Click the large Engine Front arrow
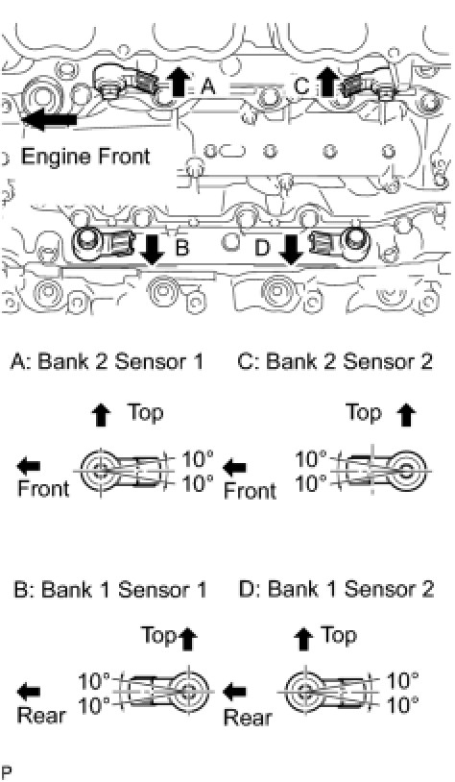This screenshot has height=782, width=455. pyautogui.click(x=49, y=120)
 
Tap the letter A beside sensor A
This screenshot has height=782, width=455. pyautogui.click(x=207, y=87)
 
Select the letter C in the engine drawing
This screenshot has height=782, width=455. pyautogui.click(x=302, y=86)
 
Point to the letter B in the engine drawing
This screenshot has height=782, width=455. pyautogui.click(x=182, y=247)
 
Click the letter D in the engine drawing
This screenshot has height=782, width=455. pyautogui.click(x=262, y=247)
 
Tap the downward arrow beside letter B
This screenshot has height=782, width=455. pyautogui.click(x=152, y=250)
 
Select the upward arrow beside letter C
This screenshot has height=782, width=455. pyautogui.click(x=328, y=82)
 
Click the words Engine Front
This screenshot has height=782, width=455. pyautogui.click(x=85, y=157)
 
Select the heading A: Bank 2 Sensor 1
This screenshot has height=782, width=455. pyautogui.click(x=108, y=361)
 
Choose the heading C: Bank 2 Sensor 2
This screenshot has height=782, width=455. pyautogui.click(x=335, y=361)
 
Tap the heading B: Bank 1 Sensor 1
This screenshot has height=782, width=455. pyautogui.click(x=110, y=590)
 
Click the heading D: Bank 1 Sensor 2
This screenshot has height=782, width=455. pyautogui.click(x=336, y=590)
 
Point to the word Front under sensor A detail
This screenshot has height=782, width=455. pyautogui.click(x=43, y=488)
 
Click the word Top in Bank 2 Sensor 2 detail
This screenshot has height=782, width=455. pyautogui.click(x=364, y=412)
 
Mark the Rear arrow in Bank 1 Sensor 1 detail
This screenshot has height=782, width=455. pyautogui.click(x=29, y=692)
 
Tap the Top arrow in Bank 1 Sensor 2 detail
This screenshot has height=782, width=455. pyautogui.click(x=305, y=639)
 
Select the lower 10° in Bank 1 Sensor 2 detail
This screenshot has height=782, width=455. pyautogui.click(x=402, y=705)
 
